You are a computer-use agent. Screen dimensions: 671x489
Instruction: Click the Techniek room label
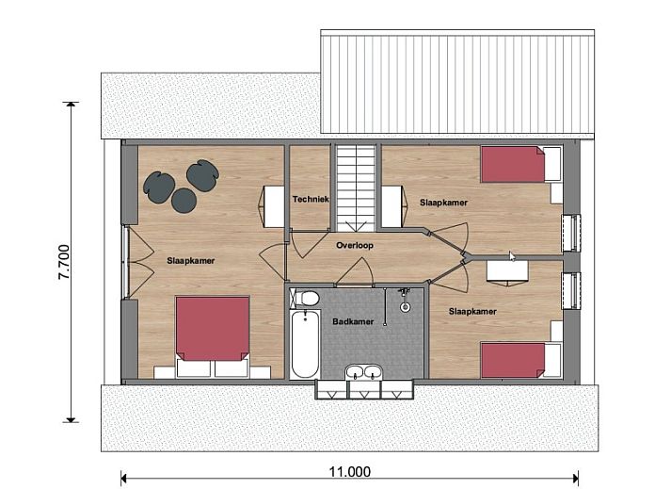pos(311,199)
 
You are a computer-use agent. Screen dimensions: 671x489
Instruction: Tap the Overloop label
pos(355,246)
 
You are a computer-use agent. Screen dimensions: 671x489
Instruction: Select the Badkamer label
pos(353,321)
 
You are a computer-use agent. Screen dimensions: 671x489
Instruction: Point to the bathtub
pos(305,344)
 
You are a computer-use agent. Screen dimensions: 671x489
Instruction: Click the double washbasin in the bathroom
pos(364,372)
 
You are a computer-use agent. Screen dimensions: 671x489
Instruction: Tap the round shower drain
pos(405,307)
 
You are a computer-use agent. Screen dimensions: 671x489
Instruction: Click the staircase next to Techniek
pos(356,188)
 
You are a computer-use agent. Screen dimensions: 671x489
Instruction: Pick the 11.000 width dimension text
pos(350,472)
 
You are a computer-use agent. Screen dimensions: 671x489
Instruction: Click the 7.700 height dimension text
pos(64,262)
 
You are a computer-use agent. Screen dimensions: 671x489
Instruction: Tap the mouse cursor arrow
pos(512,256)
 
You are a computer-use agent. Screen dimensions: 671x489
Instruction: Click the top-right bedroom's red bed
pos(513,165)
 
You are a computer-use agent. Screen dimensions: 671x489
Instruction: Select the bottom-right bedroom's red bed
pos(513,360)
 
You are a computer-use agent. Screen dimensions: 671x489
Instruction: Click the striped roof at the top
pos(457,81)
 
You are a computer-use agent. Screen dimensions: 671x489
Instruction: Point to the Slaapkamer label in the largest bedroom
pos(190,261)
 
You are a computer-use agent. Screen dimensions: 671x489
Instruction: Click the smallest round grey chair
pos(184,200)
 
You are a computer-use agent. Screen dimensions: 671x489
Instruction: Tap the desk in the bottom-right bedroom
pos(507,271)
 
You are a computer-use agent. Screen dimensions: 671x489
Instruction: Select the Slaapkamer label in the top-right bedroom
pos(443,203)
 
